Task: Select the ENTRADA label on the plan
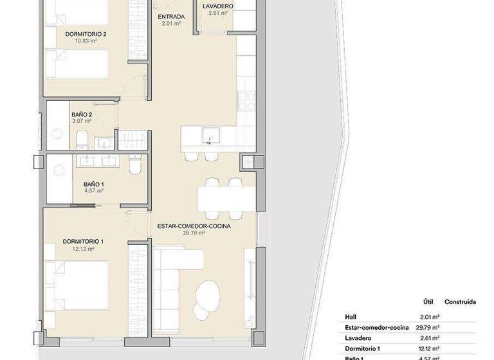point(171,16)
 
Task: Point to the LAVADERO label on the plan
point(217,6)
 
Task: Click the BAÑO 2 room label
point(81,113)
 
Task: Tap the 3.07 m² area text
point(81,121)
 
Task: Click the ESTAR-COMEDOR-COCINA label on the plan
point(194,226)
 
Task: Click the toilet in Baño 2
point(82,139)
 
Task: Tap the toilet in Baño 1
point(133,166)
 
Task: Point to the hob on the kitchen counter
point(246,100)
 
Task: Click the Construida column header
point(460,301)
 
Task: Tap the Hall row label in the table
point(351,317)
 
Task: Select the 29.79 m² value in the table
point(428,327)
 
